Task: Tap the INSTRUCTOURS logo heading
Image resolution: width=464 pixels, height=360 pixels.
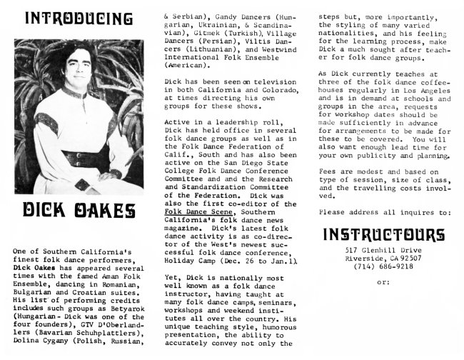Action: tap(383, 235)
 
